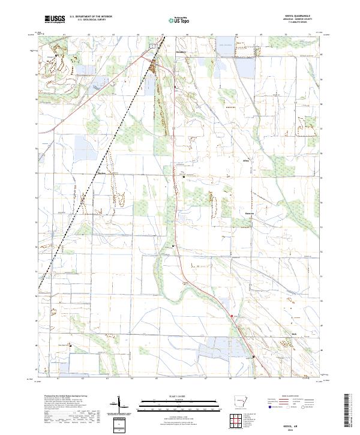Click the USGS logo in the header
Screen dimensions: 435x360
click(x=55, y=19)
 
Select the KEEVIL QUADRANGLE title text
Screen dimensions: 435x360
click(x=300, y=16)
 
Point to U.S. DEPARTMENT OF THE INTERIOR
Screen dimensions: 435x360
click(x=91, y=17)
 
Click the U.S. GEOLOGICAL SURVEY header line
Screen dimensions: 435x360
click(x=87, y=20)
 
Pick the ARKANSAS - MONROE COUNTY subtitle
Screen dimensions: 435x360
click(x=300, y=19)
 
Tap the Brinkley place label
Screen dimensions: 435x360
click(x=182, y=52)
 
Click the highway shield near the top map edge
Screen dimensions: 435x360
click(x=153, y=44)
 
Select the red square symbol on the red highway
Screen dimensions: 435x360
click(x=232, y=313)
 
